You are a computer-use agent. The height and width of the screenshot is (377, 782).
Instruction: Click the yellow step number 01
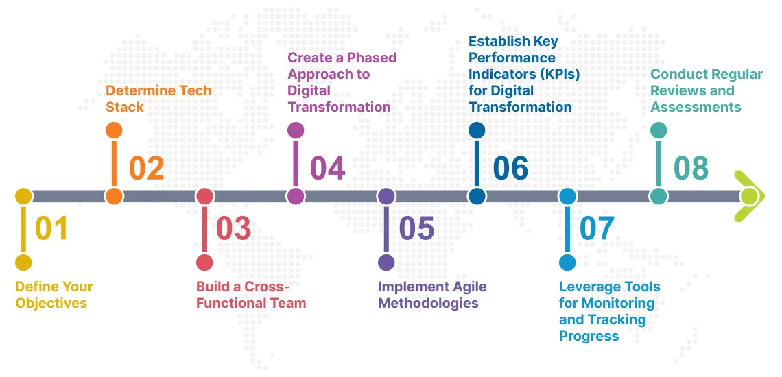point(51,228)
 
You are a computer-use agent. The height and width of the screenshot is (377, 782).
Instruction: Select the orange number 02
point(146,168)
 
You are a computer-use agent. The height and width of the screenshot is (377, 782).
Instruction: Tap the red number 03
point(233,228)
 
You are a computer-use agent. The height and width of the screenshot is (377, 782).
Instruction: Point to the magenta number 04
point(327,168)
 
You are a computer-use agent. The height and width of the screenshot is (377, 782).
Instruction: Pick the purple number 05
point(416,228)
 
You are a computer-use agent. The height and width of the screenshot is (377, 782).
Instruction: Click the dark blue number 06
point(510,168)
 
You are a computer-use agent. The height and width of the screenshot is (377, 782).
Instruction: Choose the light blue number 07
point(597,228)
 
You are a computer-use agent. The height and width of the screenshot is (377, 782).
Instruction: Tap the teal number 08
point(691,168)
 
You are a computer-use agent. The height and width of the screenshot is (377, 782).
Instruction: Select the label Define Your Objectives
point(54,295)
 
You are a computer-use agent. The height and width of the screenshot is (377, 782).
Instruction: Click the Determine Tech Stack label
point(158,99)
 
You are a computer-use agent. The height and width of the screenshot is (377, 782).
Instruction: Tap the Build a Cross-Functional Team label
point(250,295)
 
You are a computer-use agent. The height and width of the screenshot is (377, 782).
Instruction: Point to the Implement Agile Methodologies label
point(432,295)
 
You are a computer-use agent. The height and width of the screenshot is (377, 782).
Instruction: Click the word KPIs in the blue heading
point(554,74)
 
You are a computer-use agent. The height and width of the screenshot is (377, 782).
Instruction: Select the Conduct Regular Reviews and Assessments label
point(706,90)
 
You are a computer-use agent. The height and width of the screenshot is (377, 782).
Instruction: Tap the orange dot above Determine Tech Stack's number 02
point(115,130)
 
